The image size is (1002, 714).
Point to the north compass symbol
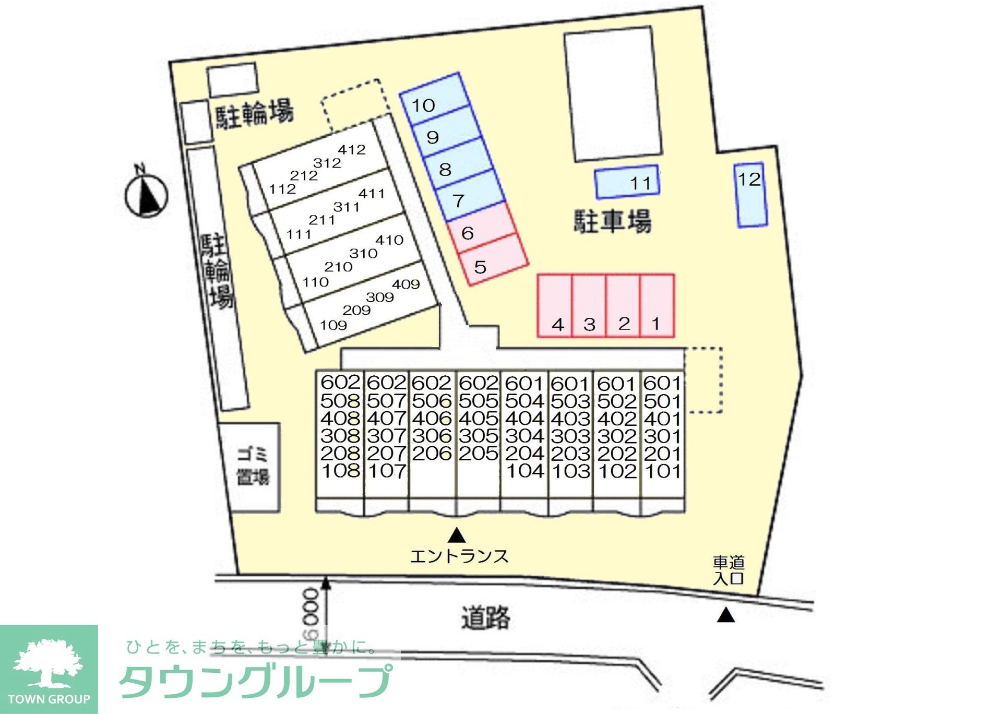tap(146, 196)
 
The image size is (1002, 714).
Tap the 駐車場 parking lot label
tap(613, 221)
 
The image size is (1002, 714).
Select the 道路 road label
tap(486, 617)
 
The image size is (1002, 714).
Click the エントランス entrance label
tap(459, 556)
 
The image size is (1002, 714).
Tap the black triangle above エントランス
tap(457, 535)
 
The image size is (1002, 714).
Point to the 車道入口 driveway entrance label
tap(729, 570)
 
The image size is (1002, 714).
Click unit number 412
tap(352, 150)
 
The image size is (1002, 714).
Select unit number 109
tap(333, 325)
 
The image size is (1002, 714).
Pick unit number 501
tap(662, 401)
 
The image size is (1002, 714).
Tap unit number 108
tap(340, 471)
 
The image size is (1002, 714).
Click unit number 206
tap(432, 453)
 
